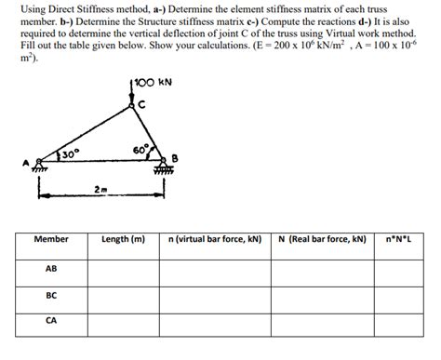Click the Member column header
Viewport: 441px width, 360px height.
coord(51,239)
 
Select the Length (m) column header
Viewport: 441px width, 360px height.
coord(123,239)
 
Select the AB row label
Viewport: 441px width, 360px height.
coord(51,270)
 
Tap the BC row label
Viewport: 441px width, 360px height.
coord(51,298)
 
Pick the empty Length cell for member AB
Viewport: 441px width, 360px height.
coord(123,271)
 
